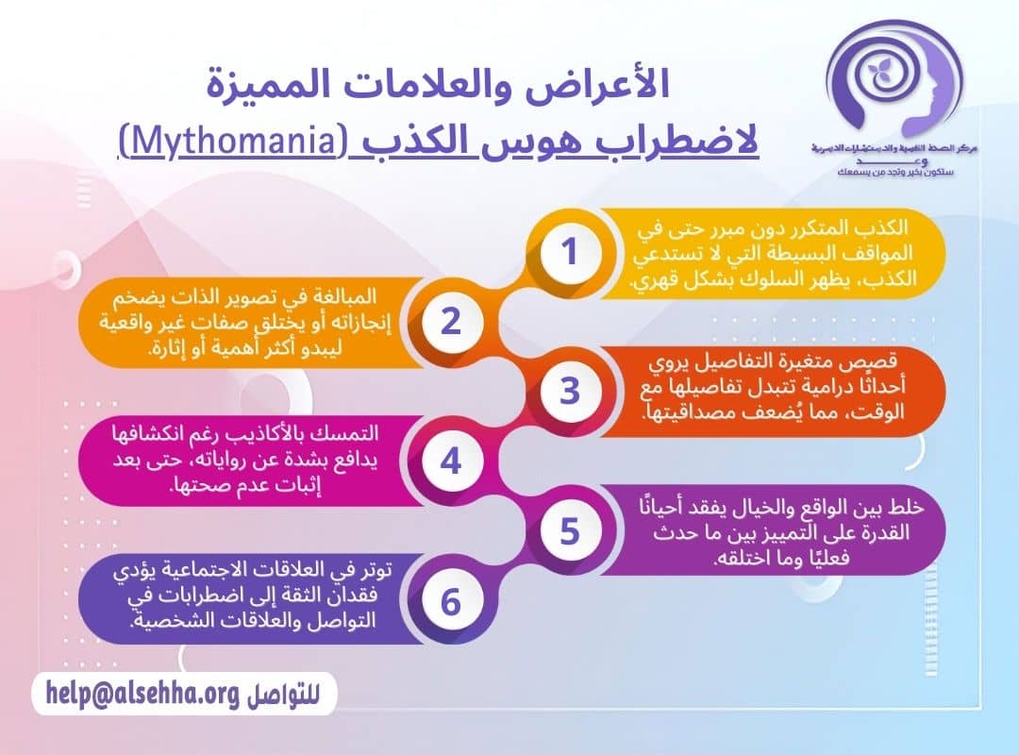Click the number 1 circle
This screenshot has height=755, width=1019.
pos(569,253)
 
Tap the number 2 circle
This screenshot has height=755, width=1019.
pos(450,323)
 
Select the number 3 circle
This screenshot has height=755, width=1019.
pos(569,392)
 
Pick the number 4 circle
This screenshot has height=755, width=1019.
pos(450,461)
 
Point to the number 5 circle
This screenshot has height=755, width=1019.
pos(569,531)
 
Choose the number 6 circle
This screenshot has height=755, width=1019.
pos(450,601)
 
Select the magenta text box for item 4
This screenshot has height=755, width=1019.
pos(255,461)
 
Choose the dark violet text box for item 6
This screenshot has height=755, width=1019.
pos(255,601)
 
